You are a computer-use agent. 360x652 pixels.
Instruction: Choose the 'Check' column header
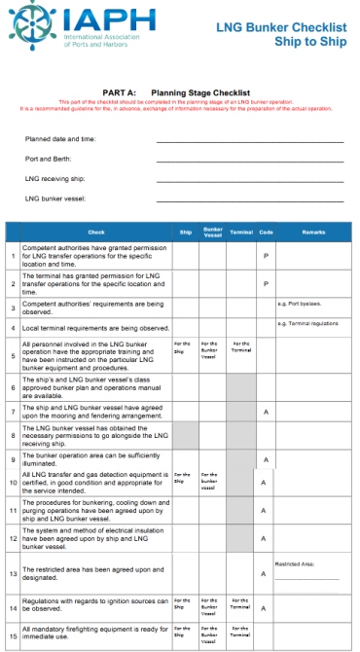(x=95, y=232)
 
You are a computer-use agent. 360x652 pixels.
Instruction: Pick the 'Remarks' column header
(x=313, y=232)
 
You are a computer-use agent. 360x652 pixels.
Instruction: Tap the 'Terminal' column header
(x=241, y=232)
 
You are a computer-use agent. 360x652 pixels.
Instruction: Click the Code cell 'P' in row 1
(x=266, y=256)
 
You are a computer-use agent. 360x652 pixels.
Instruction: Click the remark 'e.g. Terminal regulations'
(x=307, y=322)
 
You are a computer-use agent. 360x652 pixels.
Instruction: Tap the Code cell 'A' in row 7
(x=266, y=412)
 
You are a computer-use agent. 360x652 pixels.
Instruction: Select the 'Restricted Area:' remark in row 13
(x=298, y=561)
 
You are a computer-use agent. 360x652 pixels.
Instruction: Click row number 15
(x=13, y=634)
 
